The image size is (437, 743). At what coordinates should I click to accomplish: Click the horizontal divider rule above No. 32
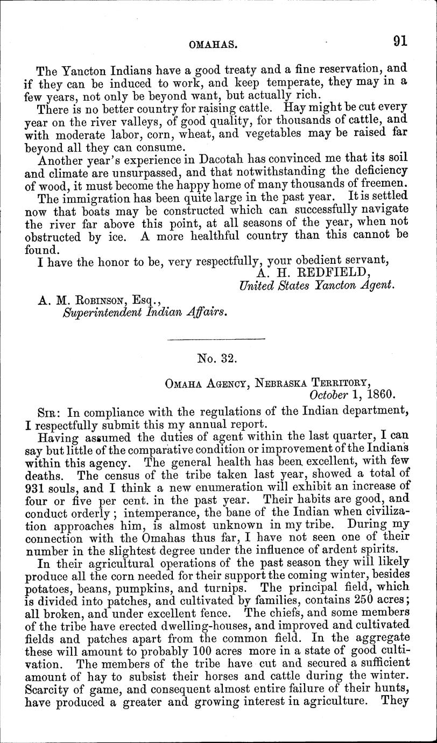pos(217,339)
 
